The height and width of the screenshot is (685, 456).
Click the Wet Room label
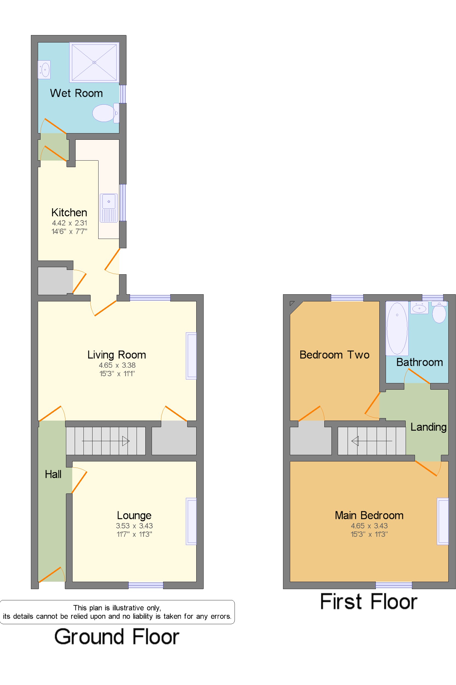(76, 93)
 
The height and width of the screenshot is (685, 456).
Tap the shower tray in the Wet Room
(94, 62)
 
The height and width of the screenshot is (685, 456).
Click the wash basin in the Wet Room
(44, 70)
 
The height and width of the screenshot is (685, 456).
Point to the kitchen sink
(109, 208)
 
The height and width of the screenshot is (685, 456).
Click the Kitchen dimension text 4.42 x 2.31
(70, 223)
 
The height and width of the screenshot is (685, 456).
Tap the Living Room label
(117, 355)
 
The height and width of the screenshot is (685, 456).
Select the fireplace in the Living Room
(191, 356)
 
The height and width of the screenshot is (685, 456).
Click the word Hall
(53, 474)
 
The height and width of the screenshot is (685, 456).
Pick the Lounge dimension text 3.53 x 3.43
(134, 526)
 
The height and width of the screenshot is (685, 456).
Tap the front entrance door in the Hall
(51, 575)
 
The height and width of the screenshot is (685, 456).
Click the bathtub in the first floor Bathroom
(397, 328)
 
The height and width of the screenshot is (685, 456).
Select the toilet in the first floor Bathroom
(439, 313)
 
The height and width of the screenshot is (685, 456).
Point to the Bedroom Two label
(334, 355)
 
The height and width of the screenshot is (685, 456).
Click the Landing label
(428, 427)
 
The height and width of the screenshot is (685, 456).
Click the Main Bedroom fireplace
(443, 521)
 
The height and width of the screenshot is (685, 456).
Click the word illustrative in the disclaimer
(128, 607)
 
